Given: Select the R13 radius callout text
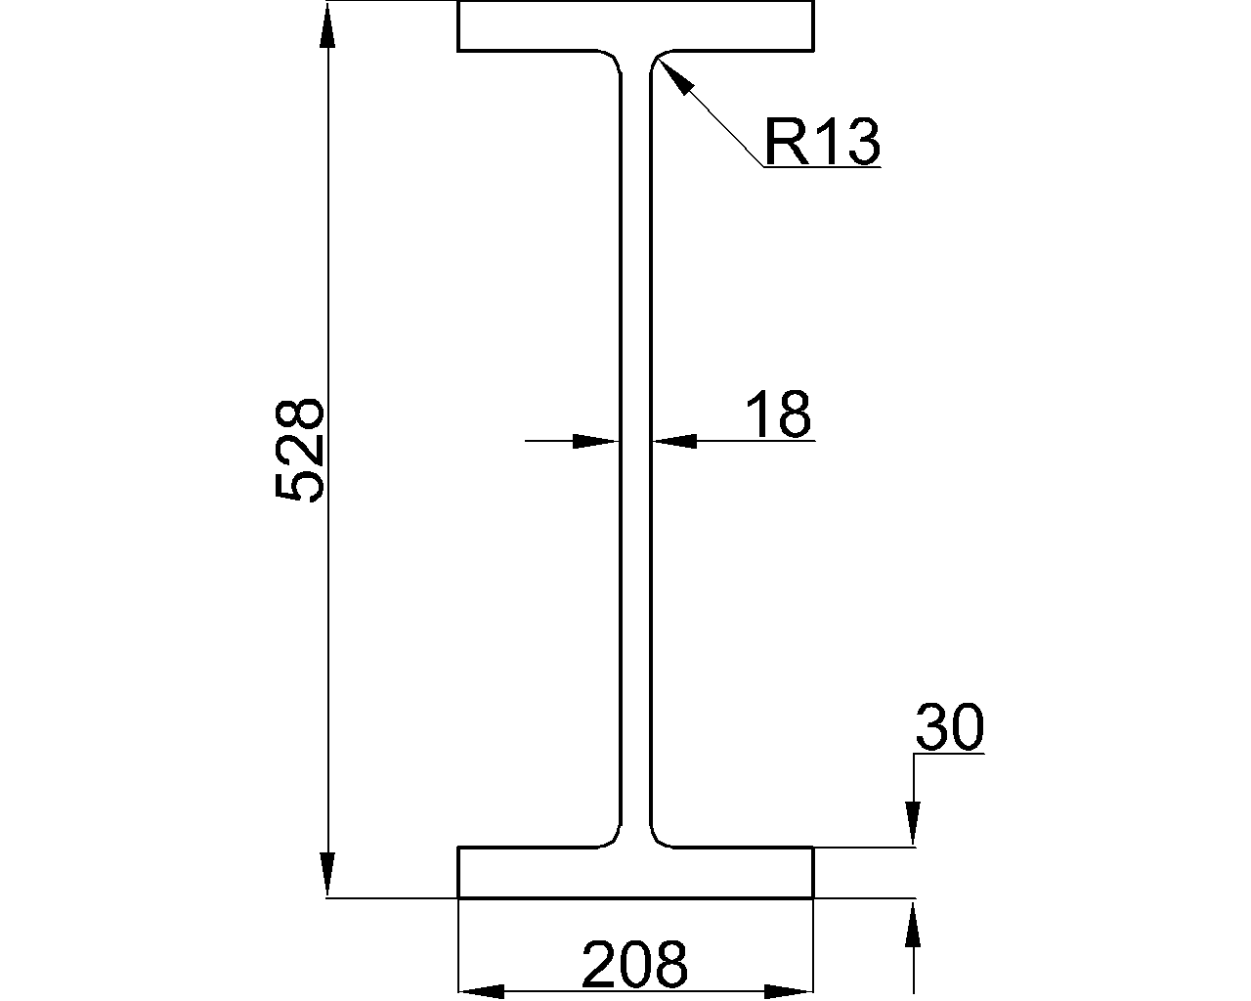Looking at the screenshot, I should pos(821,142).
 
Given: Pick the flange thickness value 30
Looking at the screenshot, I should pos(948,728).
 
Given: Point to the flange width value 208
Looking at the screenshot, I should pos(635,965).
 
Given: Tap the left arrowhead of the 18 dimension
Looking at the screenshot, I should pos(594,441).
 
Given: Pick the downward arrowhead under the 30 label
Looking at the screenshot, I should pos(913,823).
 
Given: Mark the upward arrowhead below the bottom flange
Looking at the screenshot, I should pos(913,924).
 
